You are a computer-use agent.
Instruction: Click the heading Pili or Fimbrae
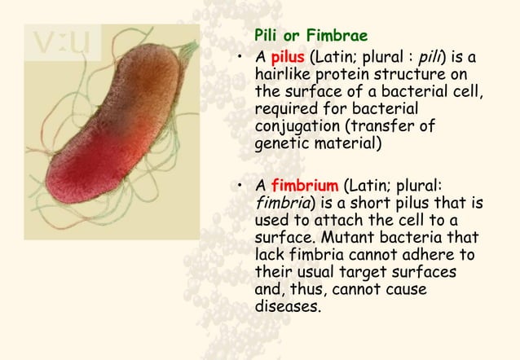(x=311, y=37)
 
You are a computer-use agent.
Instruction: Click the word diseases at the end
(x=285, y=307)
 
